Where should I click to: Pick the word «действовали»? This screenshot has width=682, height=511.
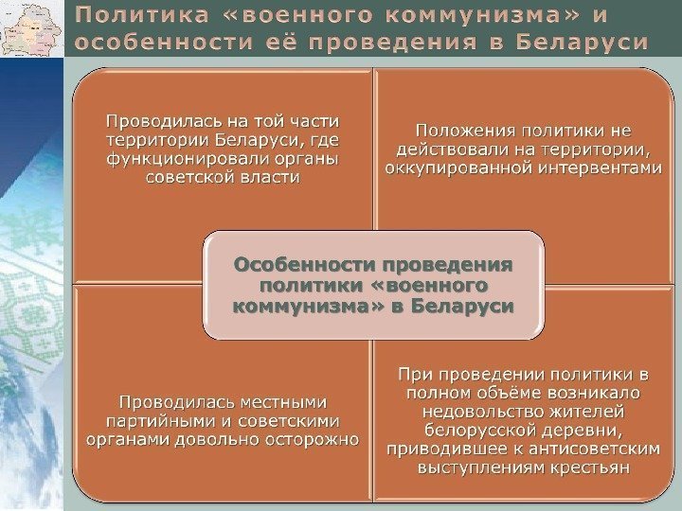pos(441,150)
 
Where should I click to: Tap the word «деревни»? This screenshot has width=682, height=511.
pos(571,429)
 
